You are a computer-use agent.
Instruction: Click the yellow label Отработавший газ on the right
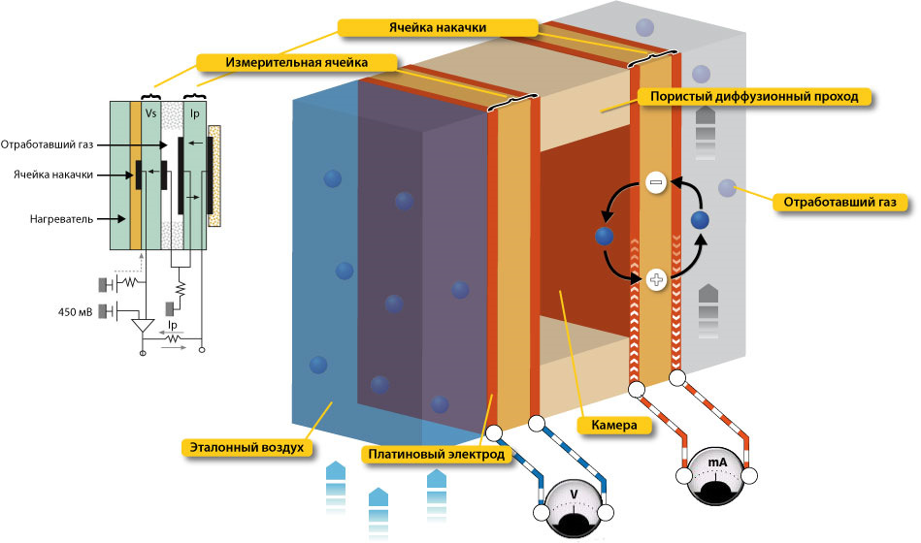pos(839,203)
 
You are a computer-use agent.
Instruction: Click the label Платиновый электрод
pos(436,453)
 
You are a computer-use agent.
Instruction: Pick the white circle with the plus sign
pos(656,281)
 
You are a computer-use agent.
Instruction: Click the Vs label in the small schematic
pos(150,112)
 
